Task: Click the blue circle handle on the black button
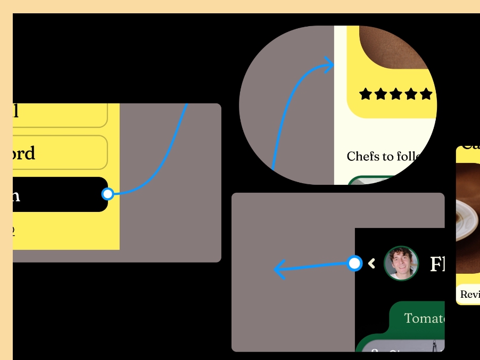point(107,194)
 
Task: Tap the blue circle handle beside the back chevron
point(354,263)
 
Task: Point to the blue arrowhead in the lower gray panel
point(278,269)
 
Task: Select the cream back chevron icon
point(372,263)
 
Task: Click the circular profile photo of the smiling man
point(401,263)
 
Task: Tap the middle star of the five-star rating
point(395,94)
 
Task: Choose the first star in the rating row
point(365,94)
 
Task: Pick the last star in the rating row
point(426,94)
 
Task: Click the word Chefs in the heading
point(362,157)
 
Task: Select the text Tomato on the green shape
point(424,318)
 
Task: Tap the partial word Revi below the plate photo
point(470,294)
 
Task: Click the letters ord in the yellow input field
point(24,153)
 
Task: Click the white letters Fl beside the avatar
point(437,264)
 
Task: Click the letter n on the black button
point(16,195)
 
